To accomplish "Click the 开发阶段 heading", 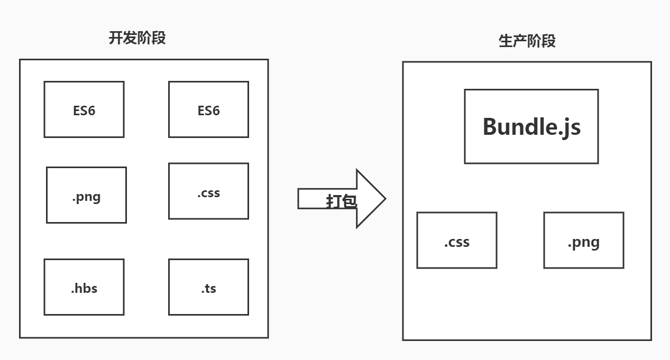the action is click(x=137, y=38).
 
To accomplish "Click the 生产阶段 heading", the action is click(x=527, y=41).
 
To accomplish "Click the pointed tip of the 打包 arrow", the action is click(x=386, y=199).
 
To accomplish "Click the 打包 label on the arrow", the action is click(x=341, y=201).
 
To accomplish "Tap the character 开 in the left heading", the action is click(x=115, y=38).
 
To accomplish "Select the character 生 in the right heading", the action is click(x=506, y=41).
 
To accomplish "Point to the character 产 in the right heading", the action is click(x=520, y=41).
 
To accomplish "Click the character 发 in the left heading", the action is click(x=130, y=38).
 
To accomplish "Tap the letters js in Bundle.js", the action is click(x=573, y=128).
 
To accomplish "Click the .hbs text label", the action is click(x=84, y=288).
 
